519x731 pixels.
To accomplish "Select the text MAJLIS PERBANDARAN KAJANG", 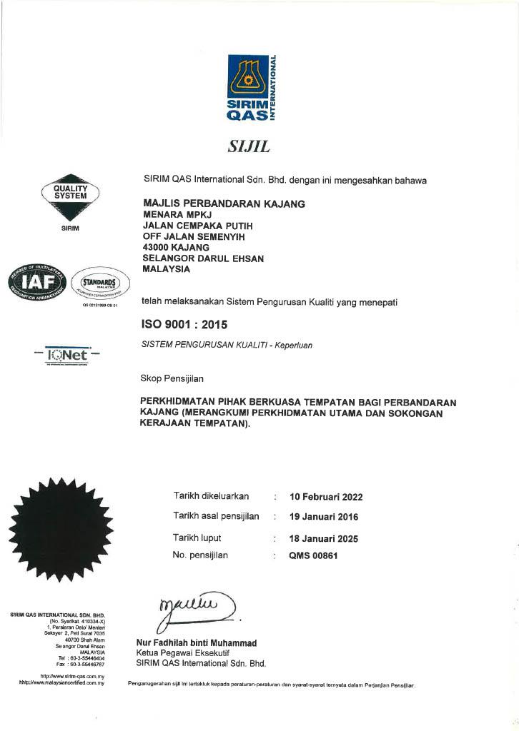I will (x=224, y=203).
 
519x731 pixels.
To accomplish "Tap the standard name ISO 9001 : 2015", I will (x=185, y=324).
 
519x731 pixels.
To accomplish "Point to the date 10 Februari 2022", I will (x=325, y=497).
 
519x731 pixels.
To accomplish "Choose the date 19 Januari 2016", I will (x=323, y=517).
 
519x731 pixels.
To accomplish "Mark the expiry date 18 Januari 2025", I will (x=323, y=539).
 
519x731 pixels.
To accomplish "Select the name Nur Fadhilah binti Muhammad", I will (x=196, y=643).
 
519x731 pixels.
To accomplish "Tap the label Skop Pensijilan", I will (x=172, y=378).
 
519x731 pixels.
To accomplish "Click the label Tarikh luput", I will (x=197, y=538).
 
